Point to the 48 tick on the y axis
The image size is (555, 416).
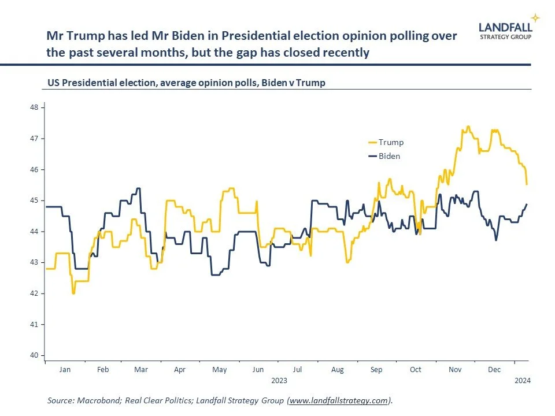click(x=34, y=107)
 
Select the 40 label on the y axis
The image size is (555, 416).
click(x=34, y=355)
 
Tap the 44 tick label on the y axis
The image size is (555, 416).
click(x=34, y=232)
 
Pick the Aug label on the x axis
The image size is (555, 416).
click(x=337, y=369)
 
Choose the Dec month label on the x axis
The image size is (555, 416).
click(x=494, y=369)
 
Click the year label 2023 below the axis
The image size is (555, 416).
click(x=278, y=381)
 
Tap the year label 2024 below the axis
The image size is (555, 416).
click(x=522, y=381)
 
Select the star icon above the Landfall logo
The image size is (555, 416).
click(x=536, y=18)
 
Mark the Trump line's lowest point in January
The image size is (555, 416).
click(x=73, y=293)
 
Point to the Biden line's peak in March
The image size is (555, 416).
click(x=138, y=188)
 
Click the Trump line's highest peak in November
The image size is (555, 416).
click(x=468, y=127)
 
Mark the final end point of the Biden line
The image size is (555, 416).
click(x=527, y=204)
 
